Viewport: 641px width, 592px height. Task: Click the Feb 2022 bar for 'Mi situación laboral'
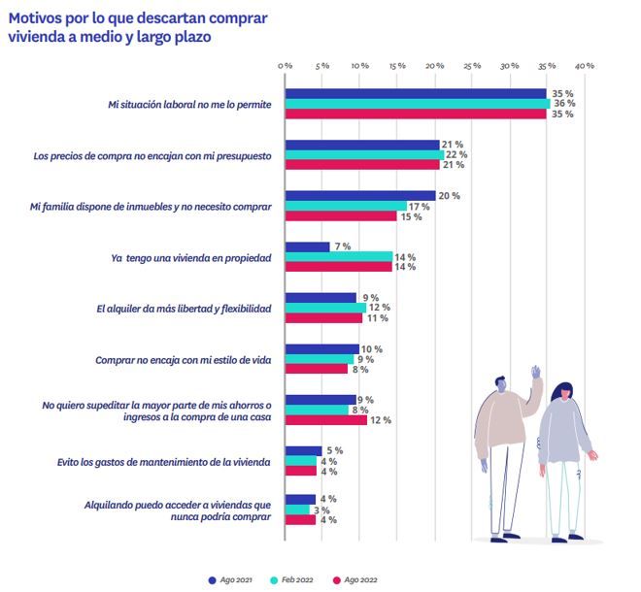click(x=418, y=104)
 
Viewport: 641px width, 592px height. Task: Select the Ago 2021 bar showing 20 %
click(x=359, y=196)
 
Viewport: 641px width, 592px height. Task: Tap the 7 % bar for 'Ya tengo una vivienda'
click(x=307, y=247)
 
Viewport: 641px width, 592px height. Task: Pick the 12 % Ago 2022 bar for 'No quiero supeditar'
click(x=325, y=420)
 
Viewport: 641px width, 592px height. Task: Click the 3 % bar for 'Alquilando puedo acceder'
click(x=296, y=510)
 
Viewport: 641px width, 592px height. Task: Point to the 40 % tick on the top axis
click(x=585, y=66)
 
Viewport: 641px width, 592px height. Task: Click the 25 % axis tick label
click(x=472, y=66)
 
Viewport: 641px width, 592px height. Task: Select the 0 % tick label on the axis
click(x=285, y=66)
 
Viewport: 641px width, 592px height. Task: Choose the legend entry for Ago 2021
click(x=231, y=580)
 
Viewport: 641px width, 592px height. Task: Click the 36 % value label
click(x=563, y=104)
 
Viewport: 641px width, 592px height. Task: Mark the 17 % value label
click(x=420, y=206)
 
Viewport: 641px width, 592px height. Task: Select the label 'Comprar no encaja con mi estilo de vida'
click(x=182, y=359)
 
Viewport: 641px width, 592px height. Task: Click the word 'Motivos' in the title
click(x=41, y=18)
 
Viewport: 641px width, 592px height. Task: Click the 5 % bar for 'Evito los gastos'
click(x=303, y=450)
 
